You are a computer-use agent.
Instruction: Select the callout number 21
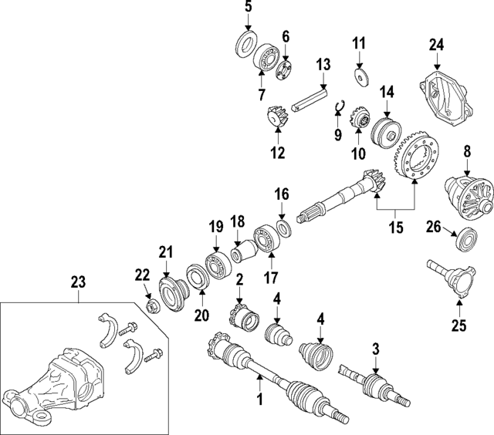164,251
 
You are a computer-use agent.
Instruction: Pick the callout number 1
260,400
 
